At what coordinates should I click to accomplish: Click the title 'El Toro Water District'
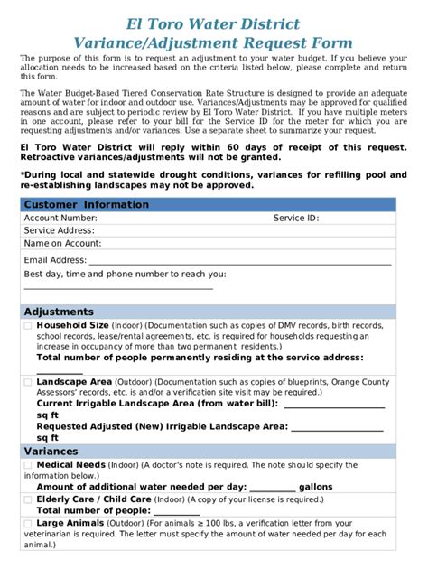[213, 23]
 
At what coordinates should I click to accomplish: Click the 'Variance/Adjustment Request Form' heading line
[213, 42]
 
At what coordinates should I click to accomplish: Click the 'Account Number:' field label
[60, 219]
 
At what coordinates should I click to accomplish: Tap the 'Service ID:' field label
[296, 219]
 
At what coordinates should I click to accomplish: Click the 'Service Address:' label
[60, 230]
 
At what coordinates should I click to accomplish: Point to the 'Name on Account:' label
[63, 243]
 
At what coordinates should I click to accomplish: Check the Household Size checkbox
[28, 325]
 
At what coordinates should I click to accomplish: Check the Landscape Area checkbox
[28, 382]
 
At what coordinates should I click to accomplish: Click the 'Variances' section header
[51, 451]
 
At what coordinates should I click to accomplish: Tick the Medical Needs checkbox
[28, 465]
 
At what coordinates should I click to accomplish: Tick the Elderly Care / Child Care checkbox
[28, 499]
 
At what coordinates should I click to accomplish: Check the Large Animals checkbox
[28, 523]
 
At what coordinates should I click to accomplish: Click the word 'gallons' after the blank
[315, 487]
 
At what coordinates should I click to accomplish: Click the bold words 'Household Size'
[72, 325]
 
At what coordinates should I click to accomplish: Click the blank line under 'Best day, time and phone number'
[117, 287]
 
